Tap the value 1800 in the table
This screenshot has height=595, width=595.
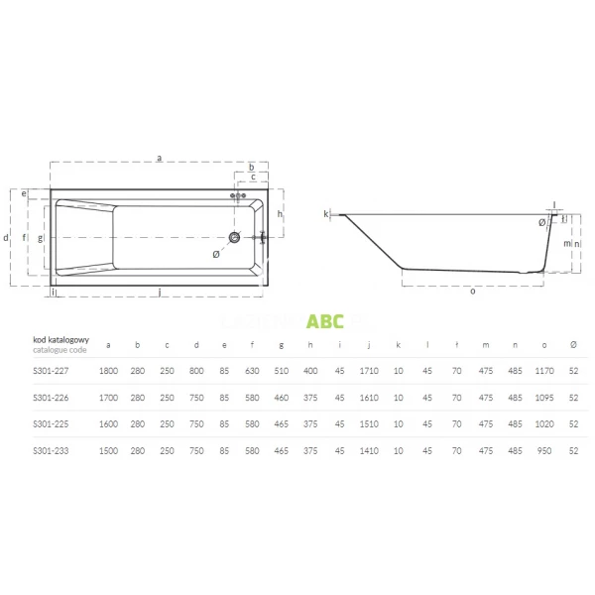108,370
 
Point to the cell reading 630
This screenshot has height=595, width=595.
253,370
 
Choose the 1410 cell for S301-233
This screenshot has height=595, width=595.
368,450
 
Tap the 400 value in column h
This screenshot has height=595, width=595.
310,370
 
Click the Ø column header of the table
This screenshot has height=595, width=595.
573,344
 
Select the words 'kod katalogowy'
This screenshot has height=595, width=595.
60,339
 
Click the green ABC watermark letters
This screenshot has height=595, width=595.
325,320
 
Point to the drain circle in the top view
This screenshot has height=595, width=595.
235,237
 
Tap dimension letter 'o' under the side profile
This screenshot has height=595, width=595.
472,291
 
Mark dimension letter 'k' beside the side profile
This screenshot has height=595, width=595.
325,213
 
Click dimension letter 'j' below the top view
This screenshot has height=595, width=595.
160,292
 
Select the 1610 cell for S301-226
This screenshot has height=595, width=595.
368,397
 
